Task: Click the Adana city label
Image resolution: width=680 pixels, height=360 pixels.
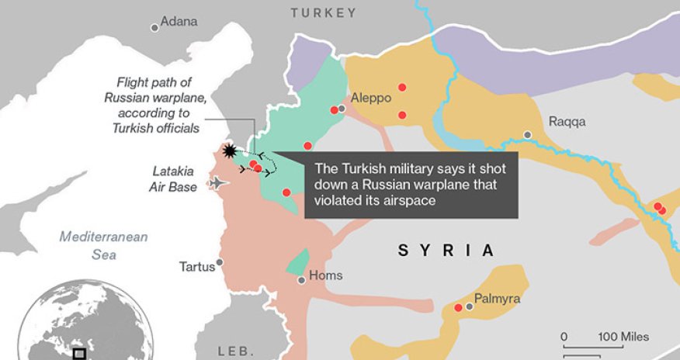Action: click(179, 22)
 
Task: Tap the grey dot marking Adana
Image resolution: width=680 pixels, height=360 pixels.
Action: click(154, 27)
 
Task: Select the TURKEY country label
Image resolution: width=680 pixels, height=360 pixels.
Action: click(324, 12)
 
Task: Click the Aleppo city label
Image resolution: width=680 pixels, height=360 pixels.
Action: click(371, 99)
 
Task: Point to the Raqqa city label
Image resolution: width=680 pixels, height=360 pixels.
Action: click(567, 122)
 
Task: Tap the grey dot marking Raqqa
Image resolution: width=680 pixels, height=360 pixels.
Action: click(528, 135)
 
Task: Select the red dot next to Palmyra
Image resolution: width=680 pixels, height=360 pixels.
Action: click(458, 308)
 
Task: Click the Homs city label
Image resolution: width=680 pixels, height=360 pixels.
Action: click(325, 275)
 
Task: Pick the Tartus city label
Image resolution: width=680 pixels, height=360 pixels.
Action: click(196, 266)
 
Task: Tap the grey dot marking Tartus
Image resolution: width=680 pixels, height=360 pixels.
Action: click(220, 262)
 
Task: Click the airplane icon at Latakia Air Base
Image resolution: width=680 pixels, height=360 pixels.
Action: click(220, 183)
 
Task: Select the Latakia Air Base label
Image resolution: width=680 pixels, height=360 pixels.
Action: click(172, 178)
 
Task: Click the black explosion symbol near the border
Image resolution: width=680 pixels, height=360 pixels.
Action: click(229, 150)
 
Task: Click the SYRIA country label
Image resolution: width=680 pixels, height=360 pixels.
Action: click(446, 250)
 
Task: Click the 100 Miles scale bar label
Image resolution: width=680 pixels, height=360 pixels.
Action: click(623, 337)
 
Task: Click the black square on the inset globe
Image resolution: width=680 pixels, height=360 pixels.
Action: click(79, 354)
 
